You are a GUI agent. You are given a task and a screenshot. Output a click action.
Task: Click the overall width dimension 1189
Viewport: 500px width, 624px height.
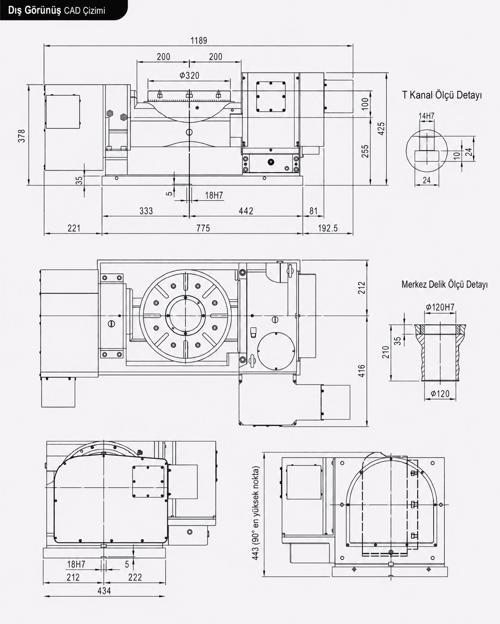point(199,41)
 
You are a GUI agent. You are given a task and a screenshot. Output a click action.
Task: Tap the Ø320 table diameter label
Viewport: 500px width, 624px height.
point(189,75)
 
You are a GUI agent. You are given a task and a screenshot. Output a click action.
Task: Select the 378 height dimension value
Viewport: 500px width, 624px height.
point(22,136)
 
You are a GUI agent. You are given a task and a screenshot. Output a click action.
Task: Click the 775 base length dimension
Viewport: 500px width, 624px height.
point(203,228)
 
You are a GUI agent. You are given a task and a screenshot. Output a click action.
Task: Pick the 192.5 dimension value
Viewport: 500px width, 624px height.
point(328,228)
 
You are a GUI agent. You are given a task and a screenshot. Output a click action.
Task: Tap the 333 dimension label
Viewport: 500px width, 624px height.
point(146,211)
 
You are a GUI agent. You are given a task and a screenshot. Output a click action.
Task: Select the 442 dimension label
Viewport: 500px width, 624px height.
point(246,211)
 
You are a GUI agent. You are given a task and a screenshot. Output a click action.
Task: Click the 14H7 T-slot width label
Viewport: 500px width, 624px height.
point(426,116)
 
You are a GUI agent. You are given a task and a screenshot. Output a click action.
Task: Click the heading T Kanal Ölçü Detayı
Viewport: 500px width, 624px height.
point(442,95)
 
